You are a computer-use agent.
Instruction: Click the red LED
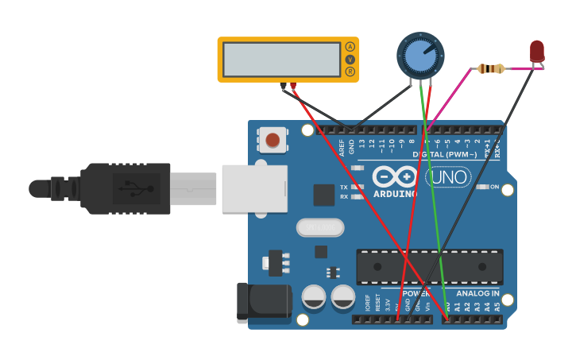tap(537, 51)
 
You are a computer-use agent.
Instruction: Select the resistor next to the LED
tap(491, 69)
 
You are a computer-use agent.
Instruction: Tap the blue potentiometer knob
tap(419, 56)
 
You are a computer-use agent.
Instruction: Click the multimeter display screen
tap(281, 60)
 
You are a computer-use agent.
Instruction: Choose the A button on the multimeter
tap(350, 47)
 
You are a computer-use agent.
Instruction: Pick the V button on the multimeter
tap(350, 60)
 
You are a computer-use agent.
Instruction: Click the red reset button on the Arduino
tap(273, 140)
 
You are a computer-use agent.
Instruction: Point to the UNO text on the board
tap(448, 176)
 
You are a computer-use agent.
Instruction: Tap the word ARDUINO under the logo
tap(395, 193)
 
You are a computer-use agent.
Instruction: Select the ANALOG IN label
tap(477, 293)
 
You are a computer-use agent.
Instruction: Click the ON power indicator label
tap(494, 187)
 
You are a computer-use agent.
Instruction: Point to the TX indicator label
tap(344, 187)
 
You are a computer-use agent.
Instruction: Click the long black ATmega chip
tap(429, 266)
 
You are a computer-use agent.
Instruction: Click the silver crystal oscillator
tap(320, 227)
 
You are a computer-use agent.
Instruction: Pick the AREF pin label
tap(342, 148)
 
